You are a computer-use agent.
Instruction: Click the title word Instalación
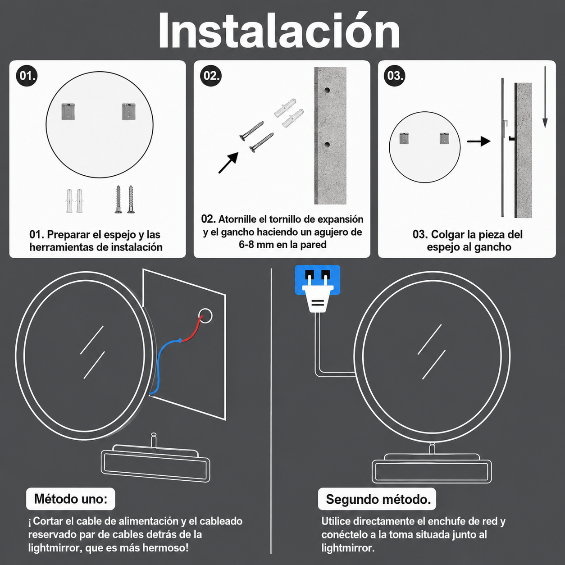[279, 31]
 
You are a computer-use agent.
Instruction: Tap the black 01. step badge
[27, 76]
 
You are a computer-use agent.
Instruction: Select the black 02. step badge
[211, 76]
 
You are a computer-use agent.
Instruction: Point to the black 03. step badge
[394, 76]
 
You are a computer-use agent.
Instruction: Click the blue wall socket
[317, 279]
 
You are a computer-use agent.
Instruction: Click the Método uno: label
[70, 499]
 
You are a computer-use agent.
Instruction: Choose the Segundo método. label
[377, 499]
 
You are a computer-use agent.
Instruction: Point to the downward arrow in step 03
[545, 97]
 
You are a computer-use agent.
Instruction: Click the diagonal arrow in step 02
[228, 163]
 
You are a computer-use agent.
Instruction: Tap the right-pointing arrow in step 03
[478, 141]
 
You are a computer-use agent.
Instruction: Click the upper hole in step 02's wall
[327, 90]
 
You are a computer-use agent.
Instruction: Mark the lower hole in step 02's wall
[327, 144]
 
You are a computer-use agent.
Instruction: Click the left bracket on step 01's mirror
[68, 111]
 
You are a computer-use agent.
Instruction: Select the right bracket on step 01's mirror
[129, 111]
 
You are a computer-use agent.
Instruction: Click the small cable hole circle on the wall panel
[205, 316]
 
